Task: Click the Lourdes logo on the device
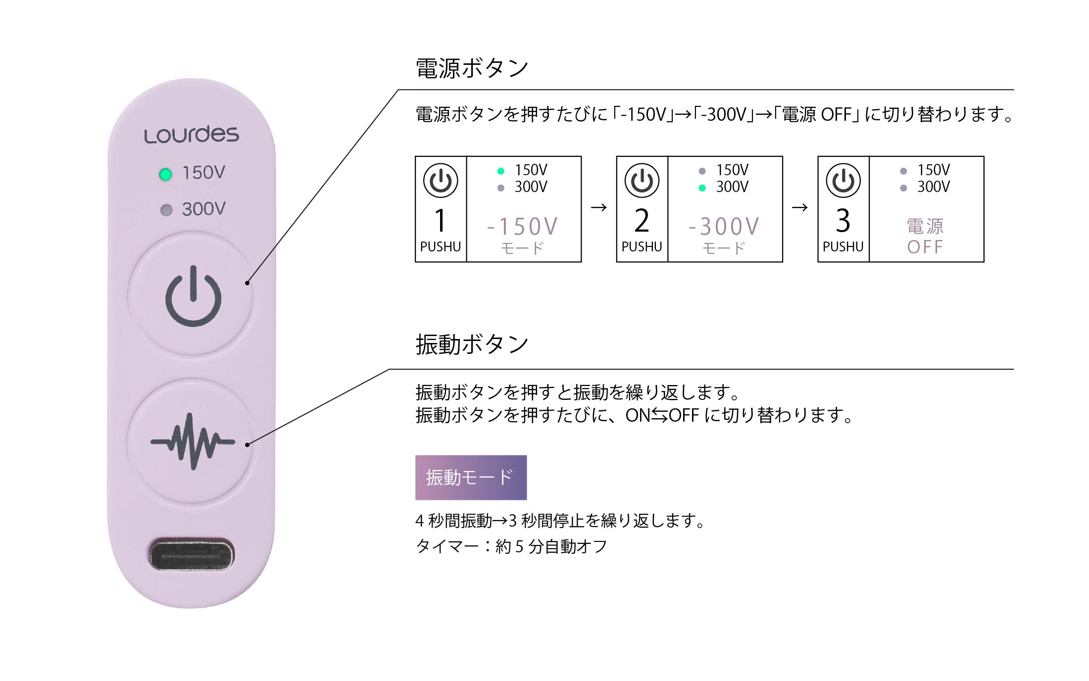click(x=192, y=134)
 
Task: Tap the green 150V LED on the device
click(x=166, y=174)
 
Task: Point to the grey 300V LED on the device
click(x=166, y=210)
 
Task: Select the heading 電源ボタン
click(x=472, y=68)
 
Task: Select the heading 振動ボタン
click(x=472, y=344)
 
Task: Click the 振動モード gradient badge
click(x=471, y=478)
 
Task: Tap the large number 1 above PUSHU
click(x=440, y=221)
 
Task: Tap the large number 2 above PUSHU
click(x=642, y=221)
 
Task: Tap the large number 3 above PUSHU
click(x=843, y=221)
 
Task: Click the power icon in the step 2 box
click(x=642, y=180)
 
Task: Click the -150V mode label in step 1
click(x=523, y=235)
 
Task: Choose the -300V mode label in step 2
click(x=724, y=235)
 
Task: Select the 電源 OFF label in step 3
click(x=925, y=236)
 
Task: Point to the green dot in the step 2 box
click(x=702, y=188)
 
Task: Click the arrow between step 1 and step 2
click(x=599, y=207)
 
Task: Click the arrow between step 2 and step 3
click(x=800, y=207)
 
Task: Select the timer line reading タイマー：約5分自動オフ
click(x=511, y=546)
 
